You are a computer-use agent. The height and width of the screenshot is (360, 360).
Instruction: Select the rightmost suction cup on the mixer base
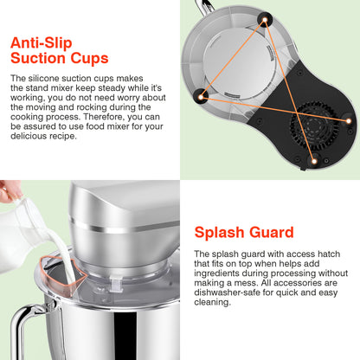pyautogui.click(x=348, y=114)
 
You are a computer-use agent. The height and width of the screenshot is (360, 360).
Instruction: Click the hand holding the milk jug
pyautogui.click(x=8, y=191)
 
